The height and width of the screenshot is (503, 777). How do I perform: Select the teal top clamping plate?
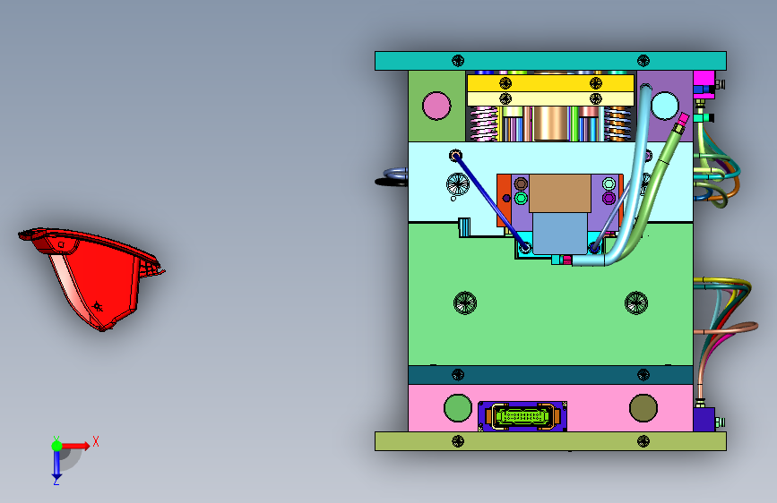[550, 61]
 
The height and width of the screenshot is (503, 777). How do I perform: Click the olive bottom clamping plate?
[550, 441]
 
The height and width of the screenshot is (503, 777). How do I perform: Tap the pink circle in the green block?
[436, 106]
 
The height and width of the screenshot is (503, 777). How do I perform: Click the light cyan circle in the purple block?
[664, 106]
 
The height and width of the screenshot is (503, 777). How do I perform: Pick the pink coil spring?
[484, 124]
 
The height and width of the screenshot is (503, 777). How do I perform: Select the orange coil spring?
[617, 124]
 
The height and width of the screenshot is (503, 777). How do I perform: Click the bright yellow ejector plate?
[550, 82]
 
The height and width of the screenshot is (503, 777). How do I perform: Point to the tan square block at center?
[560, 193]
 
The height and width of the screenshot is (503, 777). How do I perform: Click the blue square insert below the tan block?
[560, 234]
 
